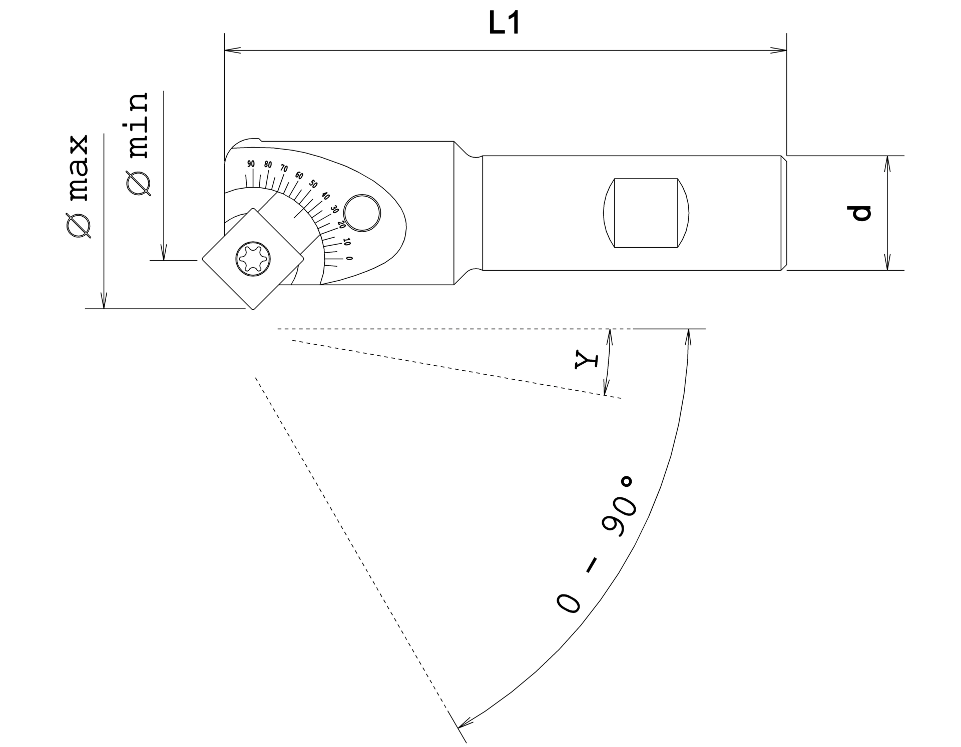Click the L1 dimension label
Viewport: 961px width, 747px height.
click(504, 24)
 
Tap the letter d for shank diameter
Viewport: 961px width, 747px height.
click(862, 213)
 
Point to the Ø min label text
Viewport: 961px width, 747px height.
click(138, 144)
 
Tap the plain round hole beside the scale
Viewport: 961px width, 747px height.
click(362, 213)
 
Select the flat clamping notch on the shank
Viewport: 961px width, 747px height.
click(646, 213)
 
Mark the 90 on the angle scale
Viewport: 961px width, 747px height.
click(251, 164)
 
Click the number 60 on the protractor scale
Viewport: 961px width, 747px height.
click(299, 176)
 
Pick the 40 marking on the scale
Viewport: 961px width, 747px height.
click(325, 196)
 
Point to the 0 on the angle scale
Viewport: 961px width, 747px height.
click(349, 258)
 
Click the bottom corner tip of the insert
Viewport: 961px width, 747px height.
click(253, 309)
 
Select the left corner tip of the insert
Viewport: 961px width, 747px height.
click(203, 259)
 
